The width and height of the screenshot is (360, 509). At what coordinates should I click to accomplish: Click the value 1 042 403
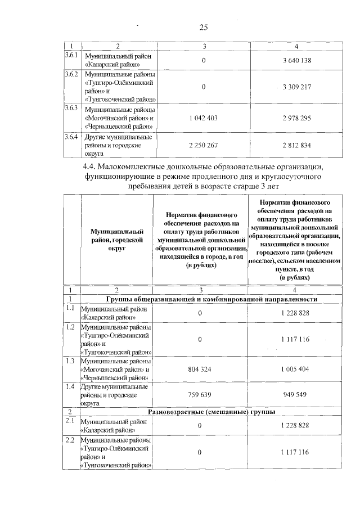pyautogui.click(x=205, y=118)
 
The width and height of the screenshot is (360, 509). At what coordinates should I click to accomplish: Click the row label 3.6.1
pyautogui.click(x=71, y=57)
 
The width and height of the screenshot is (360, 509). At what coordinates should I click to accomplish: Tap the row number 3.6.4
pyautogui.click(x=71, y=137)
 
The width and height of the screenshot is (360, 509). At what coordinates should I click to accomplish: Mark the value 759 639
pyautogui.click(x=200, y=395)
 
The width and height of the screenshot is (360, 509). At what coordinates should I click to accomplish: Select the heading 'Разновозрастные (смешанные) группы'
pyautogui.click(x=211, y=412)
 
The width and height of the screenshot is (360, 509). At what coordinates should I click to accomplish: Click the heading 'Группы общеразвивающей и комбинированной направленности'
pyautogui.click(x=211, y=299)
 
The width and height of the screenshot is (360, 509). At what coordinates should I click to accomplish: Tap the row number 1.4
pyautogui.click(x=70, y=387)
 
